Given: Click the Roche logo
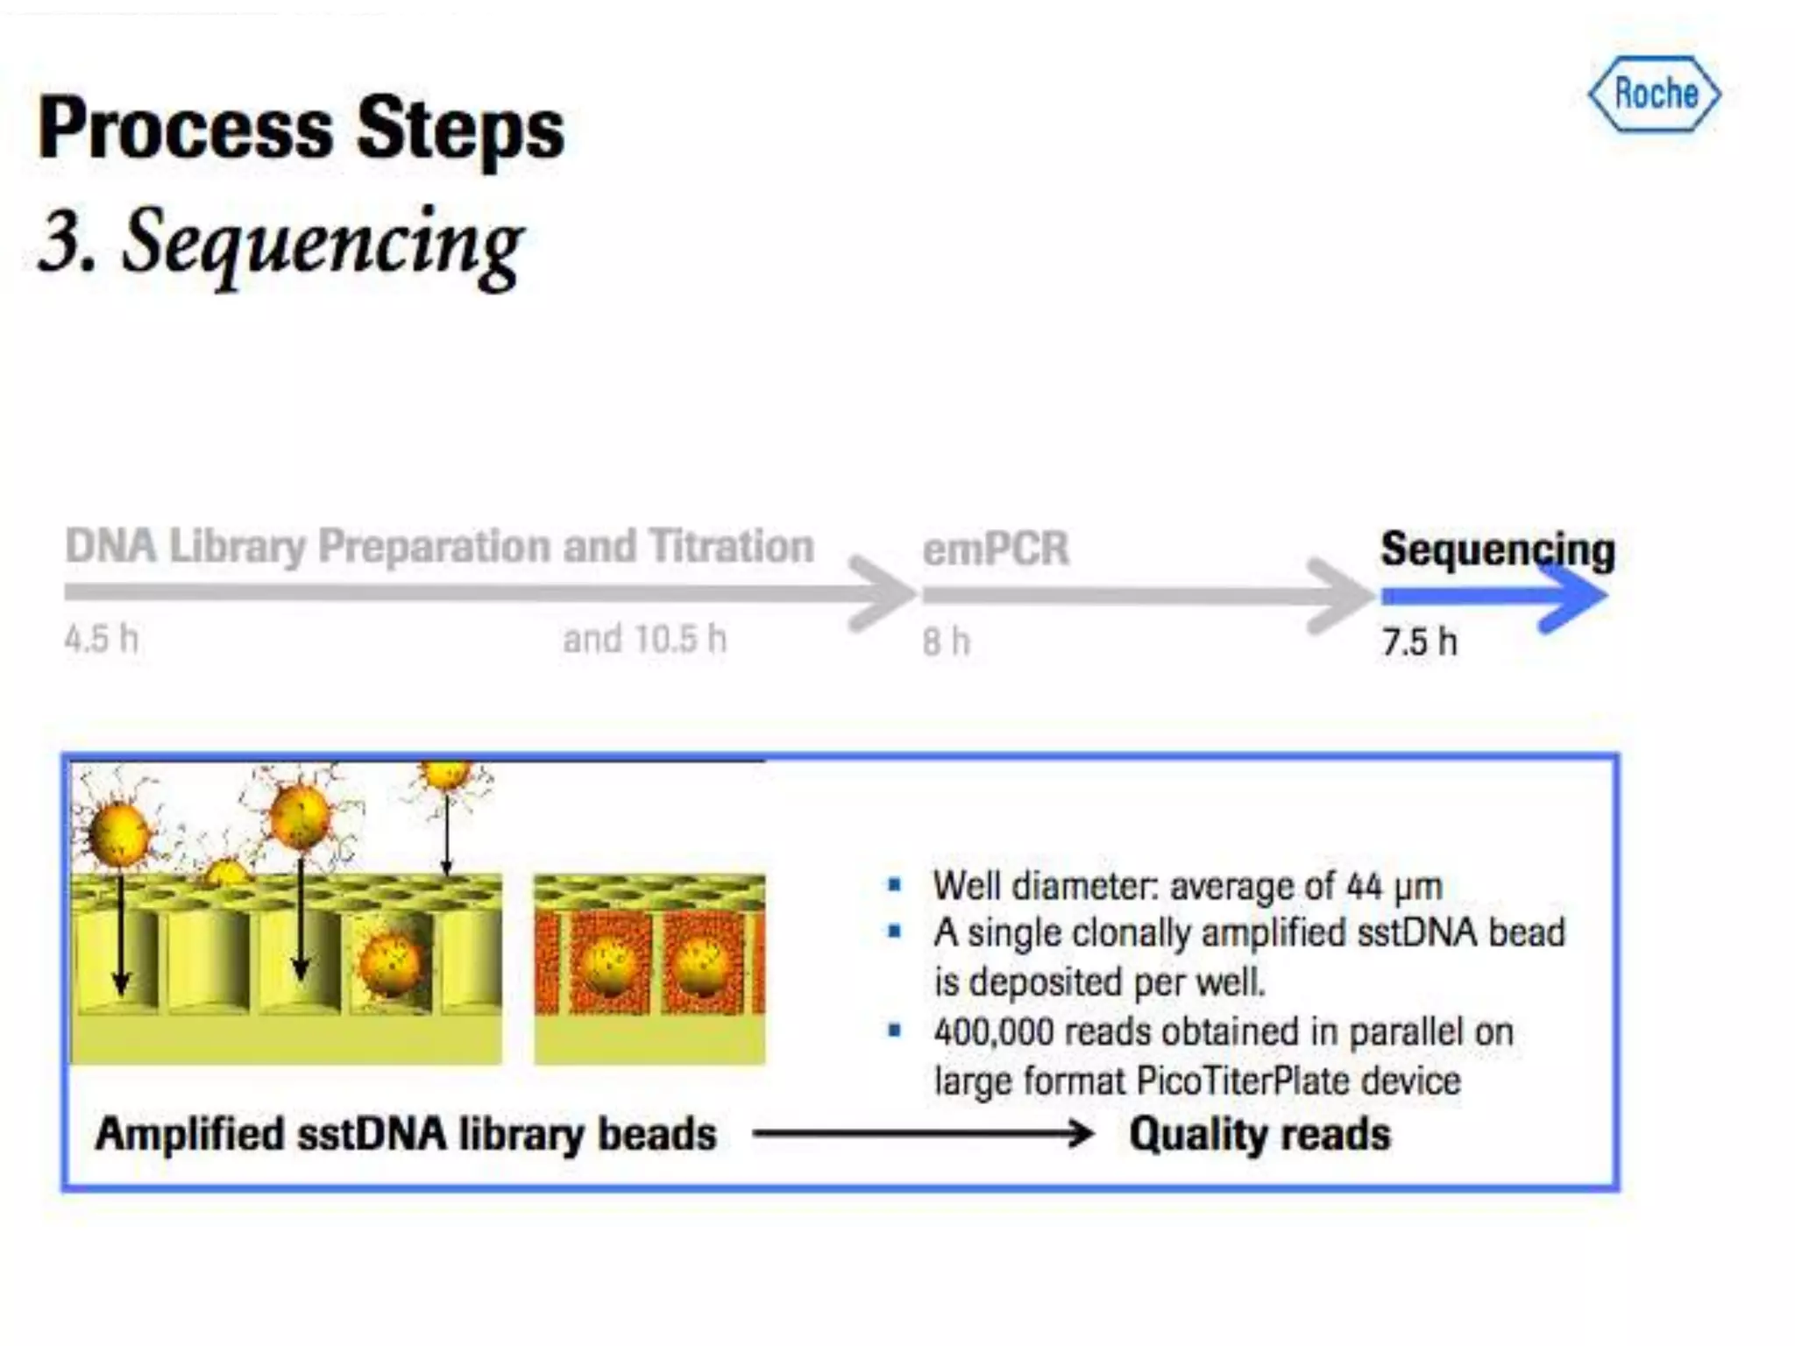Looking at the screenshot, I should pyautogui.click(x=1654, y=95).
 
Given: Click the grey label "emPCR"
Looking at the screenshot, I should pyautogui.click(x=996, y=549).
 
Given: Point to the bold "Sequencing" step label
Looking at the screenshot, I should pyautogui.click(x=1497, y=549).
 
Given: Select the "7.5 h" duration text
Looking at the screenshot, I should pyautogui.click(x=1419, y=642).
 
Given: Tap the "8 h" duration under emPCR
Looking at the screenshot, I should pyautogui.click(x=946, y=642).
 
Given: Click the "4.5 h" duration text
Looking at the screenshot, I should pyautogui.click(x=101, y=639).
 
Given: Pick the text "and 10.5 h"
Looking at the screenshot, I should pyautogui.click(x=644, y=639).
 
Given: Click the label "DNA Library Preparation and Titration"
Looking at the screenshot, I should pyautogui.click(x=439, y=546).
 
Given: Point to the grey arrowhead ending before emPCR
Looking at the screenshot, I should pyautogui.click(x=881, y=593).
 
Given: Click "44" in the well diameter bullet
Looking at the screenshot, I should pyautogui.click(x=1364, y=886).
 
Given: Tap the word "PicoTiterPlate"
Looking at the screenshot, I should pyautogui.click(x=1243, y=1080).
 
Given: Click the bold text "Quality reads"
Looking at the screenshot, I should pyautogui.click(x=1259, y=1134).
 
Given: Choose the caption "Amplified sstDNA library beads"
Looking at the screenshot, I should pyautogui.click(x=406, y=1134).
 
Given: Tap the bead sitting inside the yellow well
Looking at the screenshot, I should pyautogui.click(x=390, y=964).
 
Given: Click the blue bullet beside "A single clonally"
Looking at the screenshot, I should pyautogui.click(x=894, y=932).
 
